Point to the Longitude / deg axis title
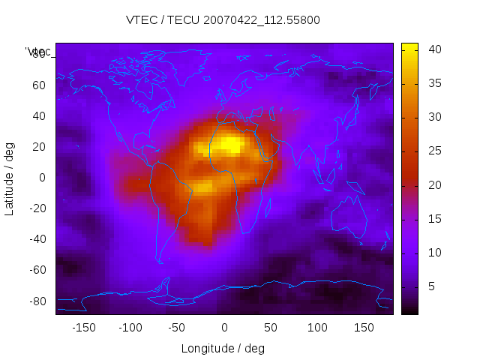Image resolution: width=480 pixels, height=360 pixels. [223, 348]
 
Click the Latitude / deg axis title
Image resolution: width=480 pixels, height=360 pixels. [10, 177]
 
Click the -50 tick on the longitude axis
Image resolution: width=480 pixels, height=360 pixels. [177, 328]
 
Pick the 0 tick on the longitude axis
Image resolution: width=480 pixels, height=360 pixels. [223, 328]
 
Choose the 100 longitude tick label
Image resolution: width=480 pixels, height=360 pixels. [317, 328]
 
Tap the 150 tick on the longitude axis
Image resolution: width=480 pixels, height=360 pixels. [364, 328]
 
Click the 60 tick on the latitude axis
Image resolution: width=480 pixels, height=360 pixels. [38, 85]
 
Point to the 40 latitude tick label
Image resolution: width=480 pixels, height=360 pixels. [38, 115]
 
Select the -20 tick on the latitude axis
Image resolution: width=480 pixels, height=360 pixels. [36, 208]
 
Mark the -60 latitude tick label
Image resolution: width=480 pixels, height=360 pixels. [36, 270]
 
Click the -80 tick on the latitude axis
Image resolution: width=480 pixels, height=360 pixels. [36, 301]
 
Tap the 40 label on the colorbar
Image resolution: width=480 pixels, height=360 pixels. [434, 49]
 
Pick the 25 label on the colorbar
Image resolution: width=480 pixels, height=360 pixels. [434, 151]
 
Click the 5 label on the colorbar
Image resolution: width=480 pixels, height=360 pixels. [431, 286]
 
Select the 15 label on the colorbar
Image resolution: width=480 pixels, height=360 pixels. [434, 219]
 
